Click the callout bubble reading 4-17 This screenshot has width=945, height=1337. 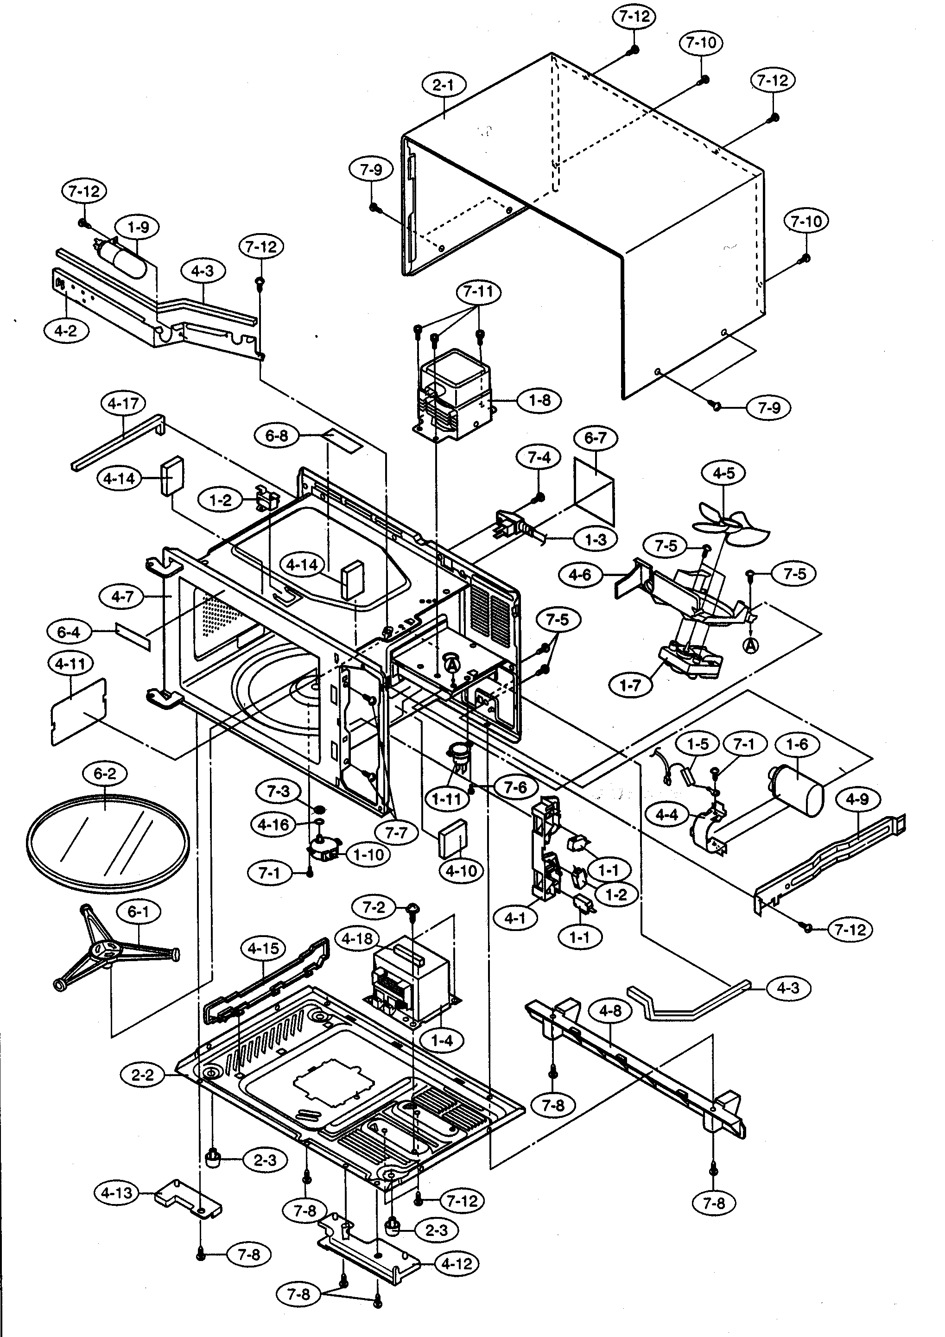point(123,403)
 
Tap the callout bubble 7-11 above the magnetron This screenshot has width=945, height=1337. point(479,292)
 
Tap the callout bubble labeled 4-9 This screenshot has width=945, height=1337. point(857,799)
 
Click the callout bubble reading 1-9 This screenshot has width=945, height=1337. point(139,227)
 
